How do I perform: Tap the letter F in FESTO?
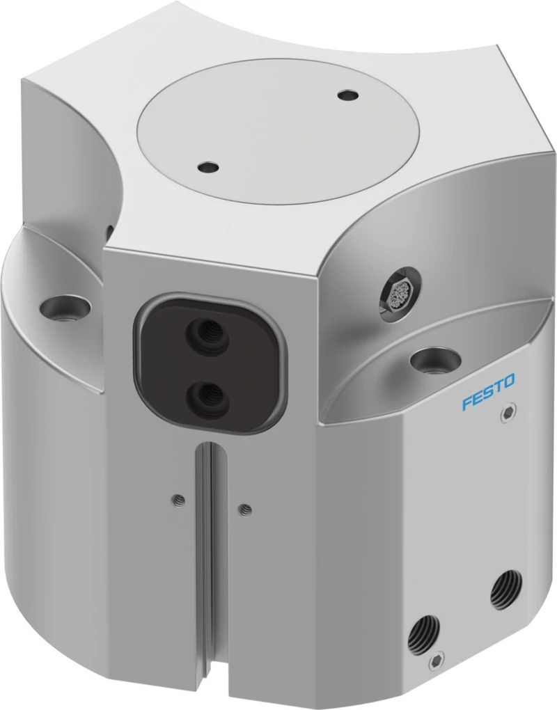tap(467, 403)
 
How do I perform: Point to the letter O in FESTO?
tap(509, 381)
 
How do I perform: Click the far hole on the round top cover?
tap(348, 95)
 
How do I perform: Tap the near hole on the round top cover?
tap(208, 168)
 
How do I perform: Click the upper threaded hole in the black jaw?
tap(206, 333)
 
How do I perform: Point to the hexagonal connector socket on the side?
tap(398, 294)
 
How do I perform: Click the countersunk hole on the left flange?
tap(65, 308)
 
